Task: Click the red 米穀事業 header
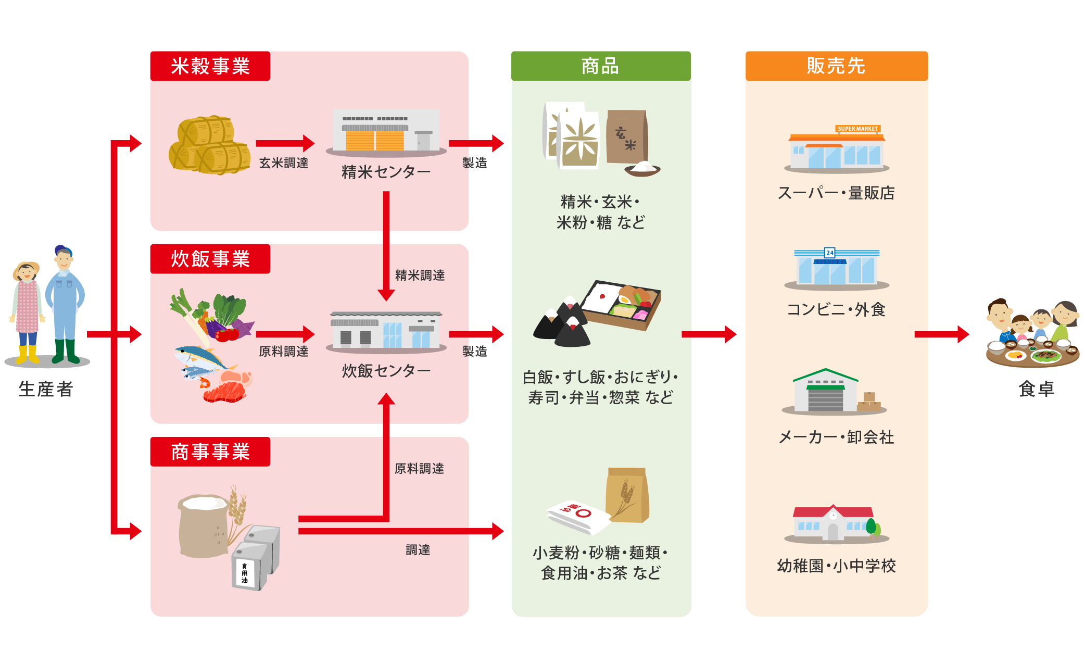[210, 66]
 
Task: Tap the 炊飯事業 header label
[210, 259]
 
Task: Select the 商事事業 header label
[210, 452]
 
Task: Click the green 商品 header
[601, 66]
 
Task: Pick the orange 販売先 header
[837, 66]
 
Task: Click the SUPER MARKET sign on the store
[857, 129]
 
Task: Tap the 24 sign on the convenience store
[830, 253]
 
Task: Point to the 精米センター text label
[386, 172]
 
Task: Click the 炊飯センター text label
[386, 371]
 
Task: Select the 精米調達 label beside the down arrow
[420, 276]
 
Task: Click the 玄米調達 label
[284, 163]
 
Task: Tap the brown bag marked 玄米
[627, 137]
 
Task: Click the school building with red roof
[835, 523]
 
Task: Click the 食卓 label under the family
[1037, 389]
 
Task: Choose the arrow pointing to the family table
[942, 334]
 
